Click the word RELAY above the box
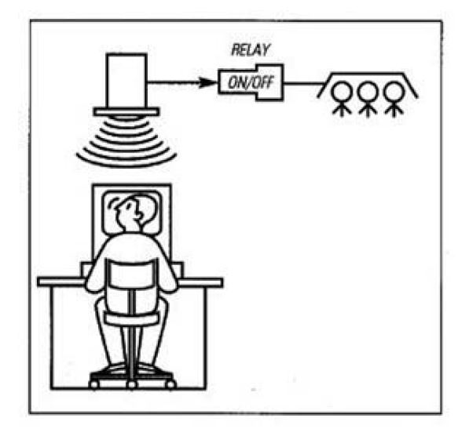tap(251, 50)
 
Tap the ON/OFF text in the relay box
tap(251, 82)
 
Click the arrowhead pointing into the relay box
tap(208, 82)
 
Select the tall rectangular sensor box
tap(126, 80)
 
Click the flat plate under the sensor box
tap(126, 111)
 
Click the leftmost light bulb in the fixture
tap(342, 100)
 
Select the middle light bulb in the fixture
tap(368, 100)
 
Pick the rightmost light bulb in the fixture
tap(394, 100)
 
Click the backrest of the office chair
tap(132, 274)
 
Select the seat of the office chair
tap(132, 318)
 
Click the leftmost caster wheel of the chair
tap(94, 384)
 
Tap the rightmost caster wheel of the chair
tap(170, 384)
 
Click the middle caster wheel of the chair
tap(132, 384)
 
